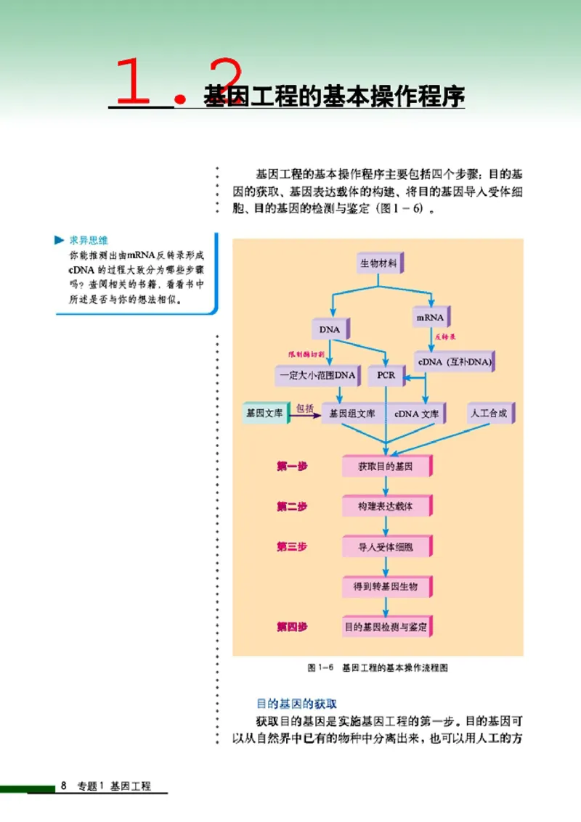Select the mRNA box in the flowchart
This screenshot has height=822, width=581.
click(430, 318)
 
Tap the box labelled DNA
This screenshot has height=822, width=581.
click(330, 329)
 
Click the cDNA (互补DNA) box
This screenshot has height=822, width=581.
click(454, 361)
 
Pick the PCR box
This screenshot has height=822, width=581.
click(386, 375)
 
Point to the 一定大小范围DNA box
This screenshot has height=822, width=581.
click(317, 375)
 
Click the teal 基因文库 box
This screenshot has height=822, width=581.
click(264, 414)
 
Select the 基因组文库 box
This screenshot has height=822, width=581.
click(352, 414)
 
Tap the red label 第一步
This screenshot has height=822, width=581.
click(291, 467)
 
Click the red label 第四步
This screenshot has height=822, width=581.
click(291, 626)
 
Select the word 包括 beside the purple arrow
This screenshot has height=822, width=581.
click(305, 408)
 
